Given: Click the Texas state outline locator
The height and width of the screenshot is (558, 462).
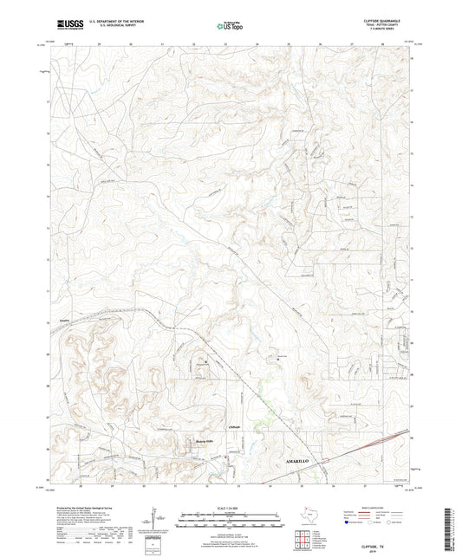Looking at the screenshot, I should (309, 516).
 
